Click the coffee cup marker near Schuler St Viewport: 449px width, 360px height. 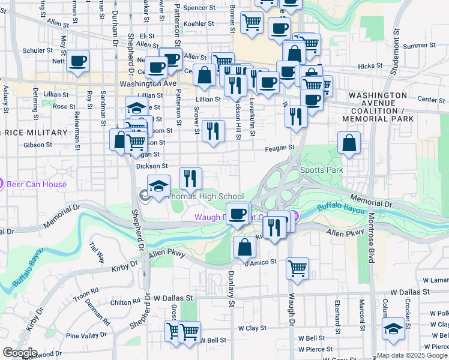[x=78, y=61]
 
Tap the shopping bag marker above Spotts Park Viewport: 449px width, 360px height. [x=349, y=143]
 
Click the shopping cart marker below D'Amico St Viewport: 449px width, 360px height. [x=297, y=269]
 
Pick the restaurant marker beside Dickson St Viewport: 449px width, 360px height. [x=190, y=178]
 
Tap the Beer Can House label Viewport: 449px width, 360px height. [x=37, y=184]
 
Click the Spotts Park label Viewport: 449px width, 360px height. [x=321, y=170]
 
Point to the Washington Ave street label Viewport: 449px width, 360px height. [x=148, y=84]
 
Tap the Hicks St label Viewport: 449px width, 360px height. [x=369, y=66]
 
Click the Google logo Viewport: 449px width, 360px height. [x=20, y=353]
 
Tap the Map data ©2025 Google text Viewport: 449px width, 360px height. [x=412, y=355]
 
